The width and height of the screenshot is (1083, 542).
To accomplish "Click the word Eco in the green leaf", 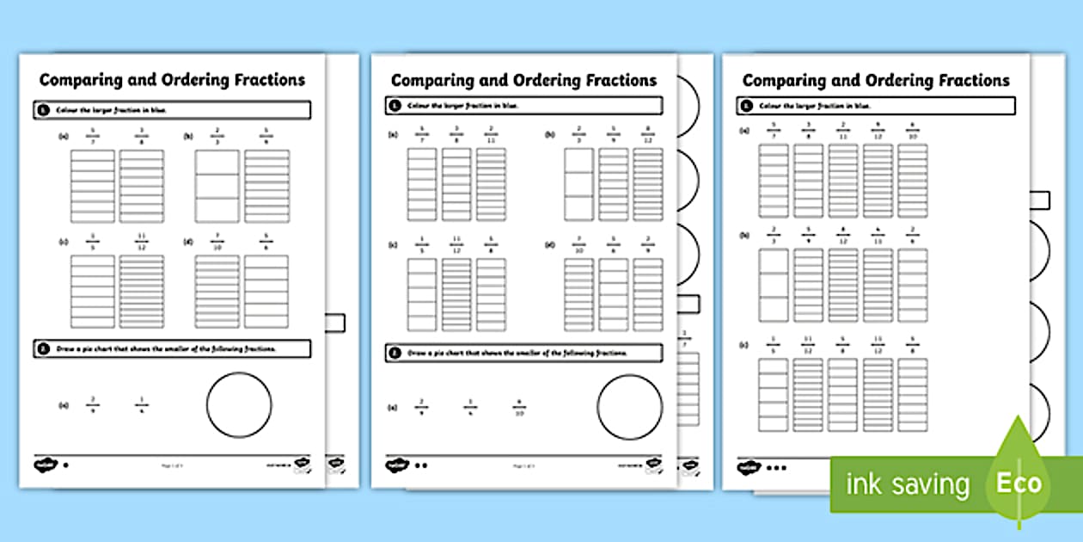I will pyautogui.click(x=1019, y=483).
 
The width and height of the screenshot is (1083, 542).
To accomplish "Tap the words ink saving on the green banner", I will pyautogui.click(x=907, y=484).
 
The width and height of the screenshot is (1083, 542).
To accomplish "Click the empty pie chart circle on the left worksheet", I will pyautogui.click(x=239, y=405).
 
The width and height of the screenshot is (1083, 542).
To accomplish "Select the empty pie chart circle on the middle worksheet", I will pyautogui.click(x=630, y=406).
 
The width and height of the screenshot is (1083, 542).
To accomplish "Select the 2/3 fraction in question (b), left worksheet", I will pyautogui.click(x=217, y=135).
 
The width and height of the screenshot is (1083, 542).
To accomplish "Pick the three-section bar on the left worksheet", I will pyautogui.click(x=217, y=186).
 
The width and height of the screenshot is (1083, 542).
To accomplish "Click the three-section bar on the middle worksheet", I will pyautogui.click(x=578, y=184).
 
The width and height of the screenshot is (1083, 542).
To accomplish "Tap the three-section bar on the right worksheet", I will pyautogui.click(x=773, y=285).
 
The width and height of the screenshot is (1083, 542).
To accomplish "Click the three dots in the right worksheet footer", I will pyautogui.click(x=776, y=469).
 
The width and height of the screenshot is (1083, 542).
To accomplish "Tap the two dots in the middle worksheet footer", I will pyautogui.click(x=421, y=465).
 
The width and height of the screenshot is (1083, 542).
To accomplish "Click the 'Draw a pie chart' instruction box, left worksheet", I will pyautogui.click(x=172, y=348).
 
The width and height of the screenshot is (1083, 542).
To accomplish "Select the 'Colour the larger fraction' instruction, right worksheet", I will pyautogui.click(x=875, y=106).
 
